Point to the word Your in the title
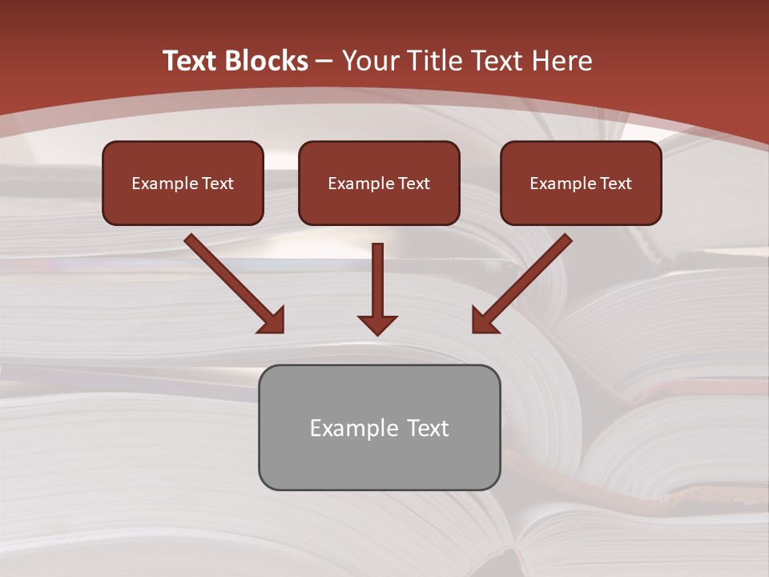coord(372,61)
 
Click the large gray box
coord(379,461)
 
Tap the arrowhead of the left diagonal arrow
coord(272,321)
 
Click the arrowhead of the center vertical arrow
coord(377,325)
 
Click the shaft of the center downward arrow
coord(377,276)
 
